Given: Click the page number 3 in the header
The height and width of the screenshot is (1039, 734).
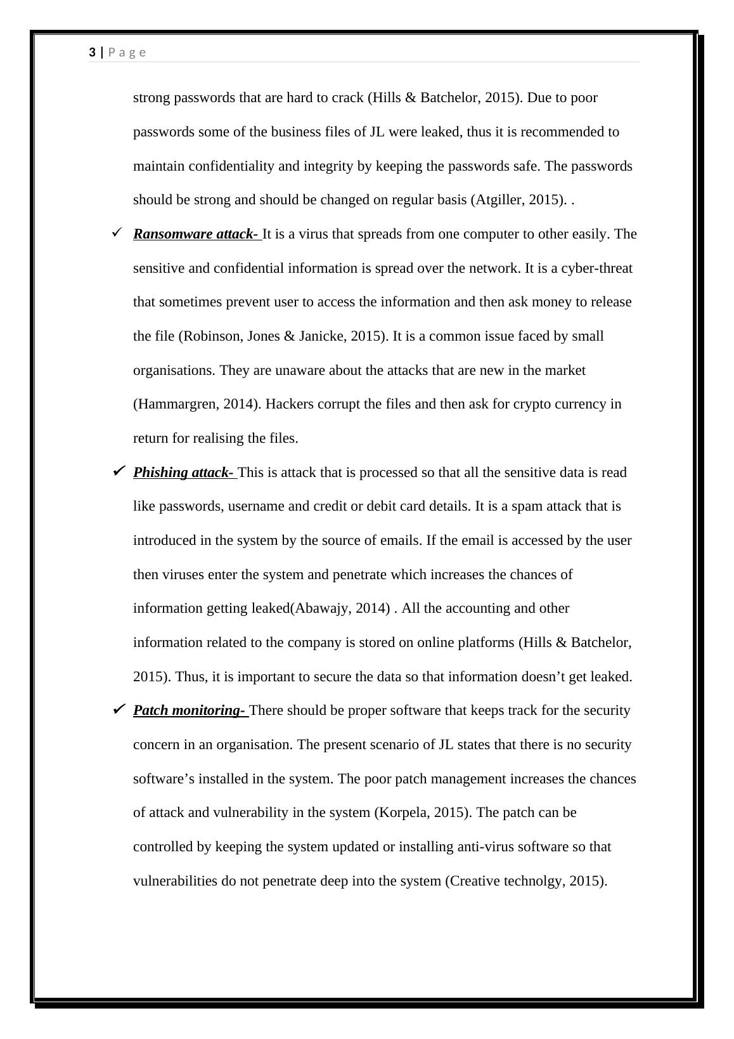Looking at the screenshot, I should pyautogui.click(x=93, y=53).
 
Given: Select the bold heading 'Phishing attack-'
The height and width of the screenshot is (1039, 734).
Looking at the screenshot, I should pyautogui.click(x=183, y=473).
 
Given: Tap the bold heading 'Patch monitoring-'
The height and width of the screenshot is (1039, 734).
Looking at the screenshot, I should pyautogui.click(x=190, y=710).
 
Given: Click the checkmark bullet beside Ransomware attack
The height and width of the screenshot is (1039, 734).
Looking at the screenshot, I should pyautogui.click(x=117, y=233).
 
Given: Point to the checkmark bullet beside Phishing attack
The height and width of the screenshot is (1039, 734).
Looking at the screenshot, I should pyautogui.click(x=118, y=471).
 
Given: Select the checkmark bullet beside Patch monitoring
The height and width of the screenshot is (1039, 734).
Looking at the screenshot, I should pyautogui.click(x=118, y=709).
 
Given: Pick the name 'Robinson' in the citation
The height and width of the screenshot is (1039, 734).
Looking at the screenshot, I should pyautogui.click(x=210, y=336).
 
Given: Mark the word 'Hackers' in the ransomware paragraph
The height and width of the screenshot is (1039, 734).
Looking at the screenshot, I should pyautogui.click(x=289, y=404).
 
